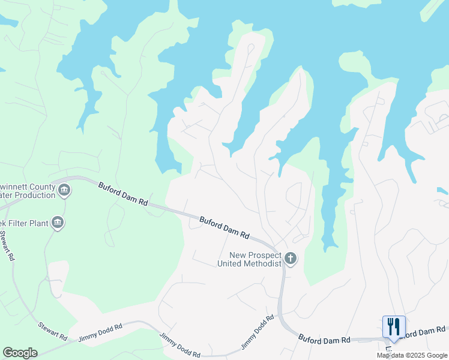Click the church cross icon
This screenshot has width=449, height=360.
[x=291, y=259]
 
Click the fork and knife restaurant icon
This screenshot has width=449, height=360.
[x=394, y=327]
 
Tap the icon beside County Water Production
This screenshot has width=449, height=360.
[x=64, y=191]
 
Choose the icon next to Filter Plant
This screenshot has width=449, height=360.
[x=58, y=223]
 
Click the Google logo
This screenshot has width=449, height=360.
[x=20, y=353]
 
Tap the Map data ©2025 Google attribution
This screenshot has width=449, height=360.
[x=412, y=355]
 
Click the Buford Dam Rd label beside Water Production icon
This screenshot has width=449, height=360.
[x=123, y=194]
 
